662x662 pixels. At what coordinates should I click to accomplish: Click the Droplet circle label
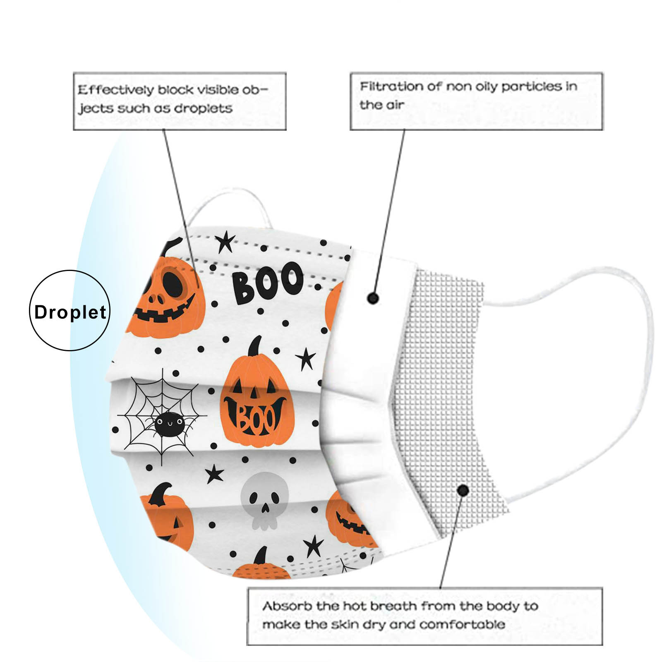point(70,311)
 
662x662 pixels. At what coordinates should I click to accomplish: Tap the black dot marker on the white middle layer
point(373,297)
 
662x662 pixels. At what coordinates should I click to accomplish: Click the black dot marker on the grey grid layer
point(463,491)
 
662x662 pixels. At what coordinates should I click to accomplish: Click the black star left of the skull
point(214,474)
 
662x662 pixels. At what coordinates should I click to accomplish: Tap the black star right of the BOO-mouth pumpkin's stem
point(306,359)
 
